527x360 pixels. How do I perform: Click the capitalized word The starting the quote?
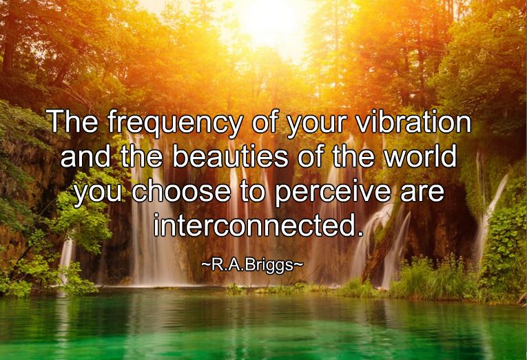73,121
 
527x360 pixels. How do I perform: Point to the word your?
317,125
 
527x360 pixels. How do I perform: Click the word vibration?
413,121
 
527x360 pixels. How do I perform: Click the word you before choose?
98,194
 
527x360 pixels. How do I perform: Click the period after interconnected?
360,233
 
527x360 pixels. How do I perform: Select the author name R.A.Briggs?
251,265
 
